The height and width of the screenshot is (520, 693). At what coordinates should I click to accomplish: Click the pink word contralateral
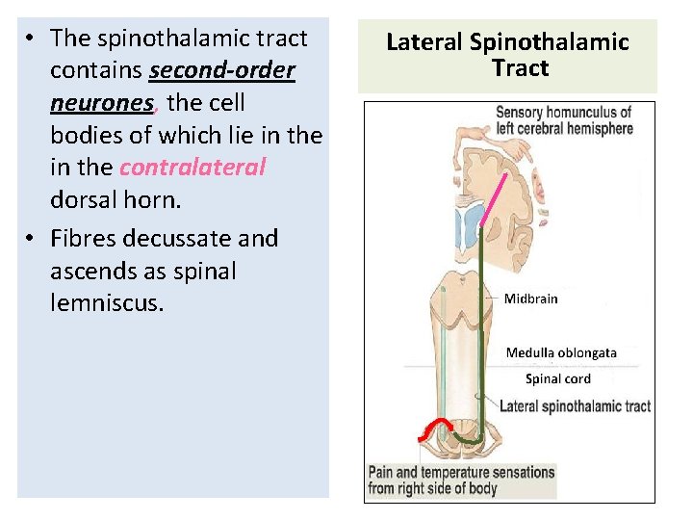pos(192,168)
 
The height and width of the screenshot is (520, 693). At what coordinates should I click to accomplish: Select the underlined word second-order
pos(221,71)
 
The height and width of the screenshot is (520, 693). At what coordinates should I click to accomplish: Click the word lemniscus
pos(107,304)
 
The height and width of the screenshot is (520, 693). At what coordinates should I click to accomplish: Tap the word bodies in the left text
pos(82,136)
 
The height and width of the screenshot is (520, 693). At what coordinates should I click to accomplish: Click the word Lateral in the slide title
pos(424,42)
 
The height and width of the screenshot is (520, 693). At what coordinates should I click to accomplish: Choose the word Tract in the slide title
pos(520,68)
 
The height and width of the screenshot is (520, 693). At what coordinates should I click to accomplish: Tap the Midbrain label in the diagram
pos(530,299)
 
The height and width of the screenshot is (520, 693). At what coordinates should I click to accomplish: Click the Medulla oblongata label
pos(561,352)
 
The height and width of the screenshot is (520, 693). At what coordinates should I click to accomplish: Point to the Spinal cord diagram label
pos(557,378)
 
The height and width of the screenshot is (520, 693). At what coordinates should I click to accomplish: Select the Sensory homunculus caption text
pos(564,120)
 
